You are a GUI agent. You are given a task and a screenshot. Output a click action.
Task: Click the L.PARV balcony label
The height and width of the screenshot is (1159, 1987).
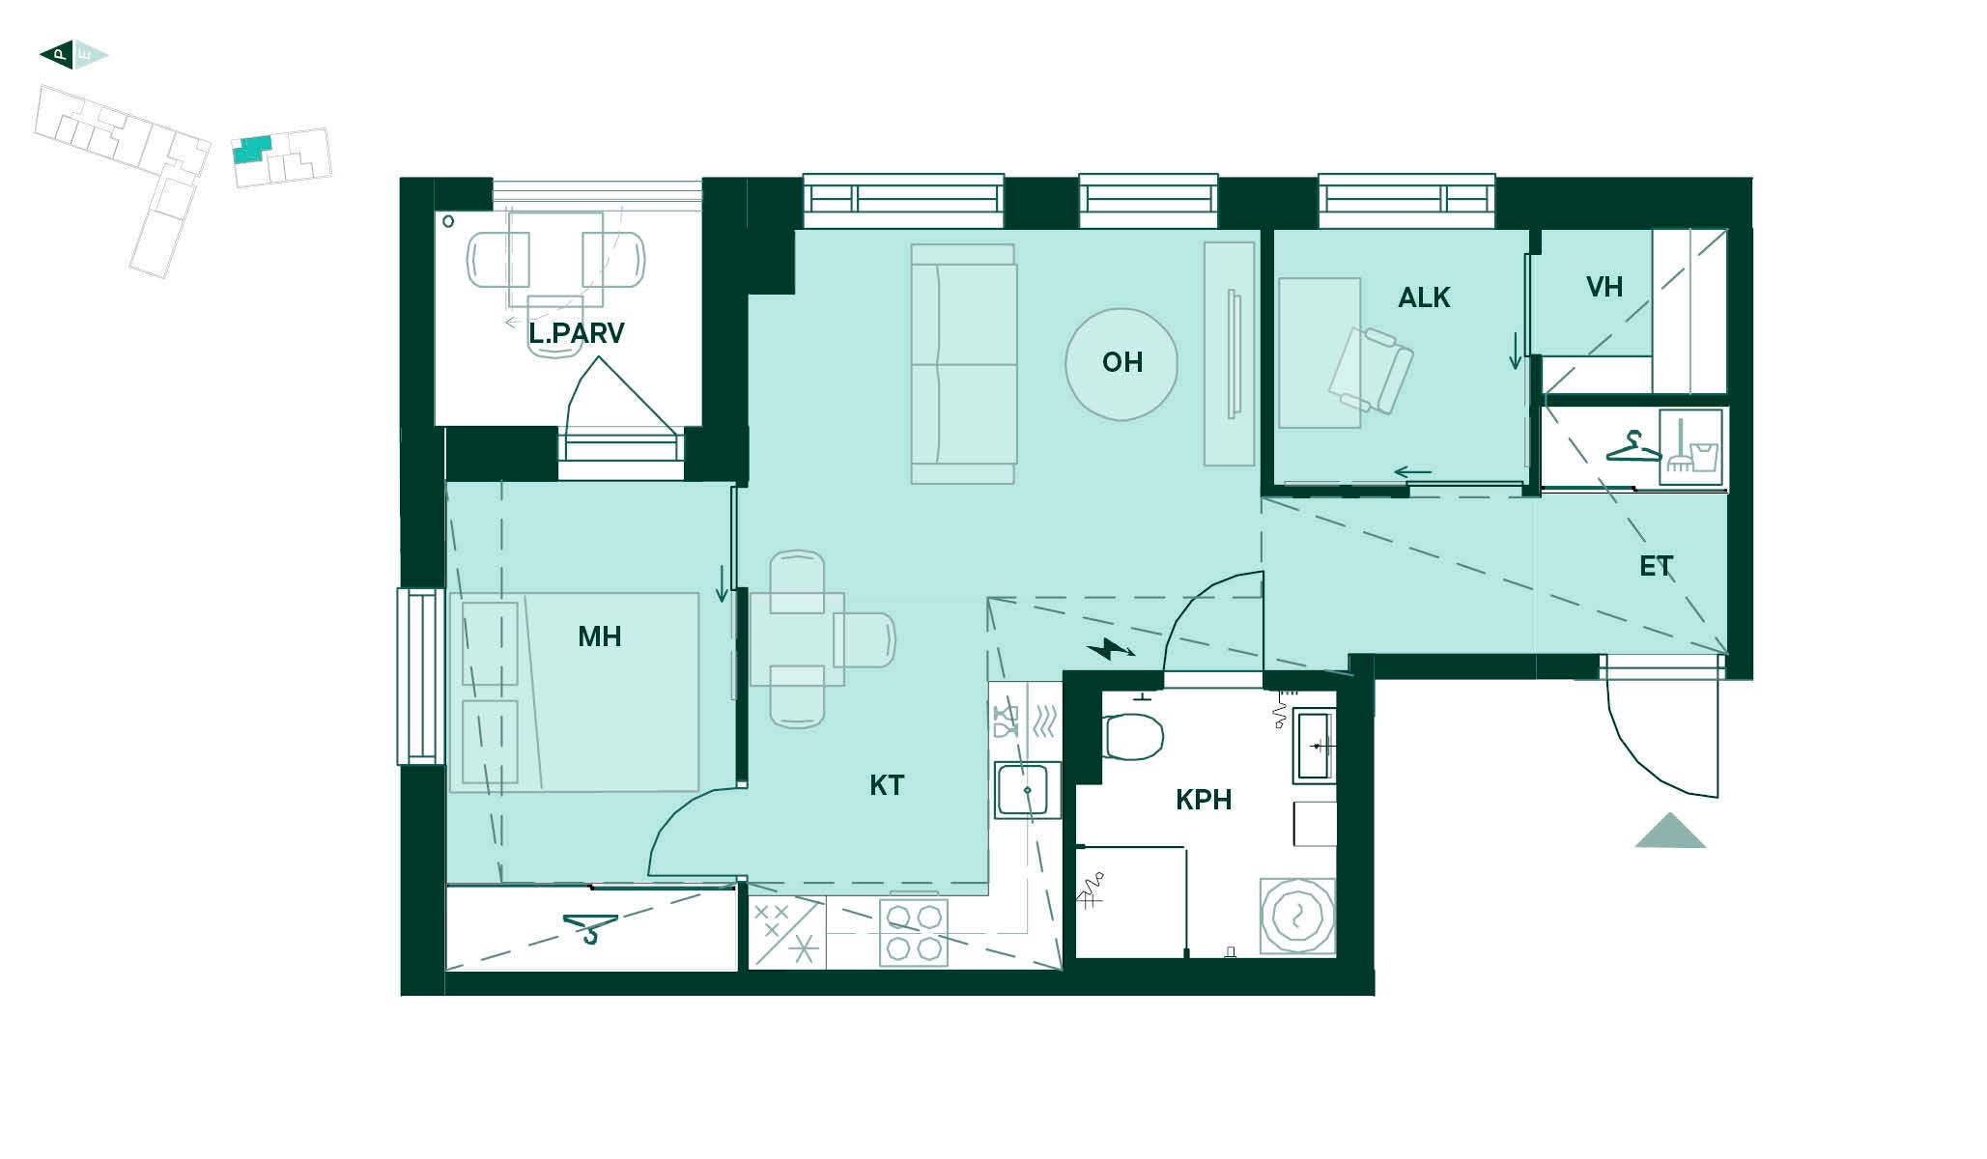pos(576,333)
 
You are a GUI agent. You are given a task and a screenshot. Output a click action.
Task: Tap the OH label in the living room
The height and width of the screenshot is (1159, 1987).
pos(1122,362)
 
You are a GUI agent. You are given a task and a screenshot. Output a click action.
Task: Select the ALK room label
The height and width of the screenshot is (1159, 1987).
pos(1424,297)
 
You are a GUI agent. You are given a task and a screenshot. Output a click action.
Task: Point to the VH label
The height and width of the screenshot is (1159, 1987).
pos(1604,287)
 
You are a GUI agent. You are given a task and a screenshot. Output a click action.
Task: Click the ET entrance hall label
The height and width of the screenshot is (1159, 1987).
pos(1656,566)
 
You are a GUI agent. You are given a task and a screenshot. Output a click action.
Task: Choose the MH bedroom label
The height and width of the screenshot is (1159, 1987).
pos(599,636)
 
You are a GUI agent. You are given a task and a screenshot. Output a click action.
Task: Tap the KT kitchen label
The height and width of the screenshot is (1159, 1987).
pos(887,785)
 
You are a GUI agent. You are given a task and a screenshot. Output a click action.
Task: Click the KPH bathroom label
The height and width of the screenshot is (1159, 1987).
pos(1204,800)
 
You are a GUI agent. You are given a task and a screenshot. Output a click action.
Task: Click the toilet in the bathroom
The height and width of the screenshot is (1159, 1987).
pos(1131,737)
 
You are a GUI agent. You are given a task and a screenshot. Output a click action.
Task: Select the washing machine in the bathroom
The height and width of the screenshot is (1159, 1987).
pos(1297,915)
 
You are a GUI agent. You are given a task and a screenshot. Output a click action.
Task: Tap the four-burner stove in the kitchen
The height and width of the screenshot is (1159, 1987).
pos(914,933)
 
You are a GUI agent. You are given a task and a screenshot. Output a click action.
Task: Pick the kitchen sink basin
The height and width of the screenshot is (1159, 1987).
pos(1027,790)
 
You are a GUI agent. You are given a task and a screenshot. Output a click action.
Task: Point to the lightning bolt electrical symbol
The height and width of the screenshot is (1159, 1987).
pos(1110,649)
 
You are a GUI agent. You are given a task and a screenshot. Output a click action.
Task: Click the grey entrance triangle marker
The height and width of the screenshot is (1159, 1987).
pos(1670,832)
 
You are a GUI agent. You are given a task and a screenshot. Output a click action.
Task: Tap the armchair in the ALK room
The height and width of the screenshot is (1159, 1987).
pos(1372,370)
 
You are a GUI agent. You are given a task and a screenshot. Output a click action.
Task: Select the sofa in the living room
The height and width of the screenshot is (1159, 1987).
pos(963,364)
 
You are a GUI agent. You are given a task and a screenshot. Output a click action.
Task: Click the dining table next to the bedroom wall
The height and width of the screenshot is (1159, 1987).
pos(797,639)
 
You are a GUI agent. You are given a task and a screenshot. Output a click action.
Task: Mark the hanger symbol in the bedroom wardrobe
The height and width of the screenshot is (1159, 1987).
pos(589,928)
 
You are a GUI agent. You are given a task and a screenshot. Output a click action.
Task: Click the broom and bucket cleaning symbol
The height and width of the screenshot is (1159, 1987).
pos(1690,447)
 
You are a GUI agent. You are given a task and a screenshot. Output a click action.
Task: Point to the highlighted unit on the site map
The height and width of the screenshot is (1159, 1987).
pos(252,150)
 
